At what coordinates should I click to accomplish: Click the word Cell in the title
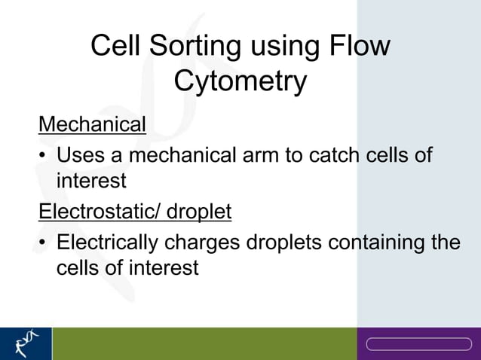116,47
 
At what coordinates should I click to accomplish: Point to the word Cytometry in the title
240,81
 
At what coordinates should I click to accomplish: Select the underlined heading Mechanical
92,124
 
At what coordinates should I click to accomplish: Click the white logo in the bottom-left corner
26,343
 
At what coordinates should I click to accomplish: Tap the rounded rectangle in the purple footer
418,344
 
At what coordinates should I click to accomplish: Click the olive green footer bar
204,343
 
